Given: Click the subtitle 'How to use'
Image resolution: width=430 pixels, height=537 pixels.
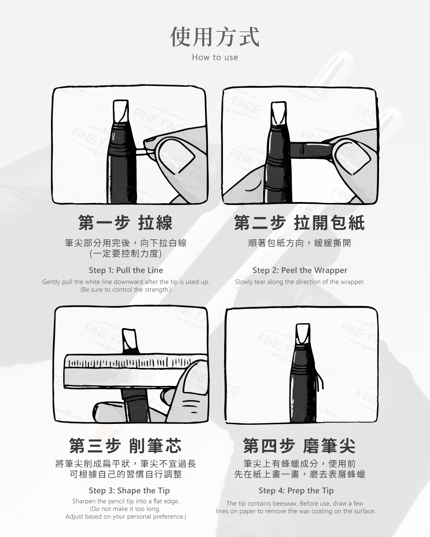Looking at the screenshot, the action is click(x=215, y=57).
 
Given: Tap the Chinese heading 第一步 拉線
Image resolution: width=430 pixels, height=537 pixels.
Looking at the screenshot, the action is click(x=125, y=223).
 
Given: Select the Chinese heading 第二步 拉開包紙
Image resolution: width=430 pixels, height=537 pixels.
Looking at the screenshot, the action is click(x=299, y=223).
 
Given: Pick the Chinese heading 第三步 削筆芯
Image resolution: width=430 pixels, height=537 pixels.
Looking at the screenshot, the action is click(x=125, y=446).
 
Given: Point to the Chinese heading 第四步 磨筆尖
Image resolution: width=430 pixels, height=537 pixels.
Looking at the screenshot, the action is click(x=299, y=446).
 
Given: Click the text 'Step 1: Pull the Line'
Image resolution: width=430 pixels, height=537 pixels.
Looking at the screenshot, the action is click(x=126, y=270).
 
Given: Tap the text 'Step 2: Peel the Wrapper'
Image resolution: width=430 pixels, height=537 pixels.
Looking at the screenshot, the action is click(x=300, y=270).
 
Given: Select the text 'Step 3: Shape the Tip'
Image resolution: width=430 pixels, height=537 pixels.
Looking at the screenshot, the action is click(x=129, y=490).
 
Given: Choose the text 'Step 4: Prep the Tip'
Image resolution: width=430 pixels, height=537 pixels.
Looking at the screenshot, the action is click(x=296, y=490).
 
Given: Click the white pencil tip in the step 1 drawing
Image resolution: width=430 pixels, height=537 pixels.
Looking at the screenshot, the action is click(x=121, y=111).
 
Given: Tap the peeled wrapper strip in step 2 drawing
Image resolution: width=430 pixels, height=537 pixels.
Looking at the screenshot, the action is click(x=311, y=150).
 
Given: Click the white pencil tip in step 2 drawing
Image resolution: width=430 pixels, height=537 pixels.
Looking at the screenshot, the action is click(x=279, y=113).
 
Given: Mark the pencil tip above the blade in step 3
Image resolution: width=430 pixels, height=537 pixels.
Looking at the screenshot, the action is click(x=130, y=341).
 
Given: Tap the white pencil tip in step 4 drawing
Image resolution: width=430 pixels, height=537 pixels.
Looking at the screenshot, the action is click(x=303, y=334).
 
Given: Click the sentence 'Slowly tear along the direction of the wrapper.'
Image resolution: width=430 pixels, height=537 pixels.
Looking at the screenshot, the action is click(x=300, y=282).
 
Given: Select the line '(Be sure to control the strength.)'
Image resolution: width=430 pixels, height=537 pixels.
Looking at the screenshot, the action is click(x=126, y=290).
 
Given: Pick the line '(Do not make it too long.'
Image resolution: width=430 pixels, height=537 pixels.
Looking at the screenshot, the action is click(x=125, y=509).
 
